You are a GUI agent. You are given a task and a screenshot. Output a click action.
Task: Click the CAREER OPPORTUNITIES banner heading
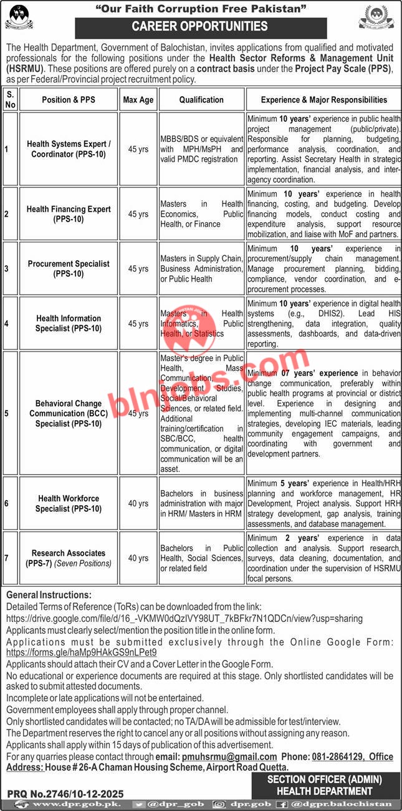[200, 27]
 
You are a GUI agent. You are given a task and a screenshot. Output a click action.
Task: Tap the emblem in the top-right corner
[376, 17]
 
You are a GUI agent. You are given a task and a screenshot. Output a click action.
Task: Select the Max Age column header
[138, 99]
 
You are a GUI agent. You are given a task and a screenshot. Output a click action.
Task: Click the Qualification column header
[201, 99]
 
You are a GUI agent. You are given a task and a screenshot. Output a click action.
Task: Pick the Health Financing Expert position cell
[69, 214]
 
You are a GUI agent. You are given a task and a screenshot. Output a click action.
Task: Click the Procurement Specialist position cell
[69, 268]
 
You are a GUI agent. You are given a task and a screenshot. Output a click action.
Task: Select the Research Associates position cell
[69, 558]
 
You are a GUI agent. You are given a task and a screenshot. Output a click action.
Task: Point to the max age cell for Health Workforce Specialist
[138, 503]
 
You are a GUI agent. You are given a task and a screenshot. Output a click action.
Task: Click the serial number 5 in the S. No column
[7, 413]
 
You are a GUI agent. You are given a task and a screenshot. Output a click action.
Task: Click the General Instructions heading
[49, 595]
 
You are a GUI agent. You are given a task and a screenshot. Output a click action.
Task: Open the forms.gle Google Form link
[81, 652]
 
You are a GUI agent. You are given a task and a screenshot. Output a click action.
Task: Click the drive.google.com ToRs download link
[184, 617]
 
